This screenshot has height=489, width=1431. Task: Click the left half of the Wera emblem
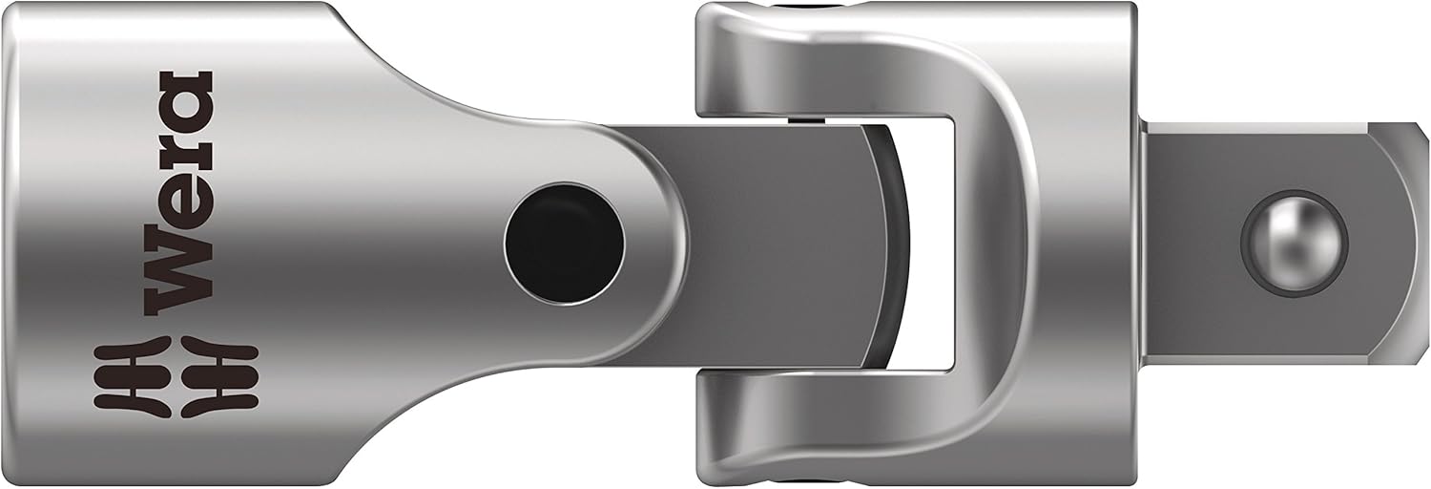tap(133, 377)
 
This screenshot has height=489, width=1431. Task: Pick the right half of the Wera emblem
tap(220, 377)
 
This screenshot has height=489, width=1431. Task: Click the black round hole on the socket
tap(564, 244)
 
